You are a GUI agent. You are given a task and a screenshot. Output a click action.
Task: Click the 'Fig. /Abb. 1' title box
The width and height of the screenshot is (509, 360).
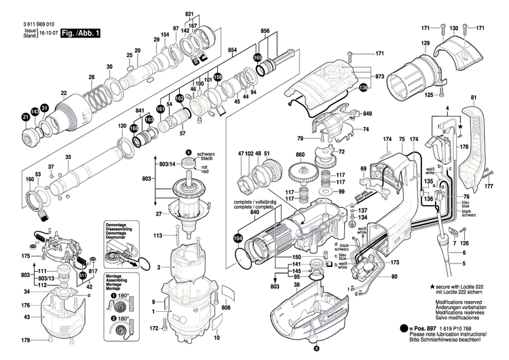(x=80, y=33)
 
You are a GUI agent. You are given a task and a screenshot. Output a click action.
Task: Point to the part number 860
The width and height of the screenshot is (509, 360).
(x=300, y=156)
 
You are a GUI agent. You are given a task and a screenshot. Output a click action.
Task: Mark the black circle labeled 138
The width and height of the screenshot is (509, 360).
(x=363, y=87)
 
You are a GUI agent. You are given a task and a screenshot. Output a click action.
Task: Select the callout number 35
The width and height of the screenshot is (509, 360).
(x=68, y=158)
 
